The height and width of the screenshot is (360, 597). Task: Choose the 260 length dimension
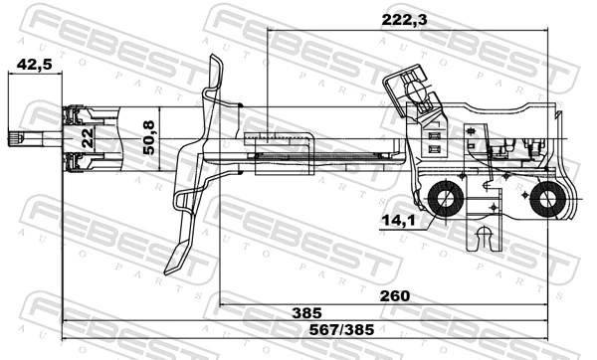click(394, 295)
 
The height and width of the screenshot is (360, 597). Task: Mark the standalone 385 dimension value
click(305, 313)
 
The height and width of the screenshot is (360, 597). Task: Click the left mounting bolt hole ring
click(444, 201)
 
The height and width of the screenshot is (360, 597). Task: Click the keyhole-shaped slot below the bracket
click(484, 239)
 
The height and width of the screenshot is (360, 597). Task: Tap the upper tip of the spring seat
click(215, 62)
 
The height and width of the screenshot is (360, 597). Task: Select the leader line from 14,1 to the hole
click(426, 217)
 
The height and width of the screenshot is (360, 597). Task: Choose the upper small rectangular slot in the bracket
click(434, 129)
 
